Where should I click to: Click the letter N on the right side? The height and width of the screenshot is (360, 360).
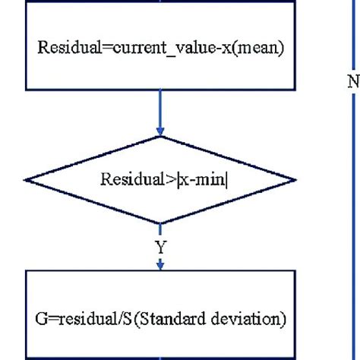click(x=353, y=82)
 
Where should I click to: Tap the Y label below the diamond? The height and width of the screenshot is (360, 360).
click(x=159, y=248)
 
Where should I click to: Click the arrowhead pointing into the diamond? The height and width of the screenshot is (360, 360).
click(x=159, y=131)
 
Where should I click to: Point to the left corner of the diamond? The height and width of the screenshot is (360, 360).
click(x=27, y=180)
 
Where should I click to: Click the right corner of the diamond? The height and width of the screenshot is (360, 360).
click(x=292, y=180)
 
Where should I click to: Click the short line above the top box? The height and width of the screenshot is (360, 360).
click(x=159, y=5)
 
